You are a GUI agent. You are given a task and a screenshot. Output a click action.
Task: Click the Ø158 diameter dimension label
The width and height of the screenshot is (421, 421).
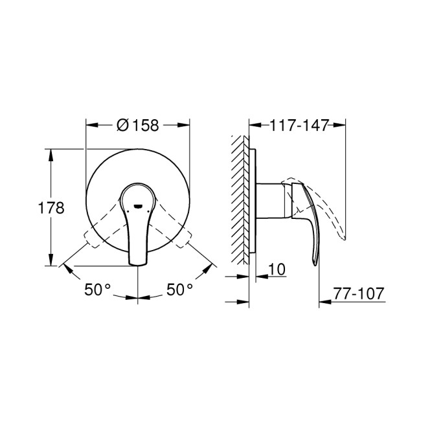coord(138,126)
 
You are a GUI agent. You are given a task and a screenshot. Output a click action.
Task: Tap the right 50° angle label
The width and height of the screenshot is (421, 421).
coord(180,290)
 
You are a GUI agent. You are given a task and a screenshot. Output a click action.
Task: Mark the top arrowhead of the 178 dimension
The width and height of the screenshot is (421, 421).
coord(50,153)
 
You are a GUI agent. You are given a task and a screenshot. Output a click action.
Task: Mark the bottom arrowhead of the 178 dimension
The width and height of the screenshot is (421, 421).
coord(50,262)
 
